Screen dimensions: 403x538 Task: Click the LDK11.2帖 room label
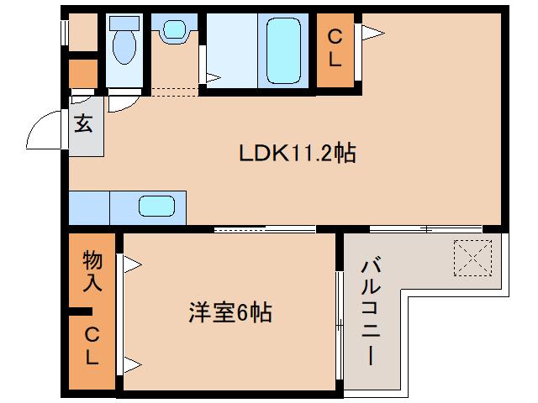pyautogui.click(x=297, y=153)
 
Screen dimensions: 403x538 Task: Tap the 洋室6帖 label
pyautogui.click(x=229, y=313)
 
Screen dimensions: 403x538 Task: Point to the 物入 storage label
pyautogui.click(x=92, y=270)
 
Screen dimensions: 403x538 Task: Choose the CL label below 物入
pyautogui.click(x=92, y=347)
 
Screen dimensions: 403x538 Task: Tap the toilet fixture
pyautogui.click(x=124, y=43)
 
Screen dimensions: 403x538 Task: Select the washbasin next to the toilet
pyautogui.click(x=174, y=30)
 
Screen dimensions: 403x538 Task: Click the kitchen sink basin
pyautogui.click(x=156, y=207)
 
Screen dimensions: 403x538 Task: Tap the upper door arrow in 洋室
pyautogui.click(x=133, y=265)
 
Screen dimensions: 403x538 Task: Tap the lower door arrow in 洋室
pyautogui.click(x=133, y=364)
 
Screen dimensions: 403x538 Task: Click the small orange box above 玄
pyautogui.click(x=83, y=74)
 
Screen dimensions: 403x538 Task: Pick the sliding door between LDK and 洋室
pyautogui.click(x=265, y=228)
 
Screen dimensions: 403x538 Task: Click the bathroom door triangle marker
pyautogui.click(x=213, y=79)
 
